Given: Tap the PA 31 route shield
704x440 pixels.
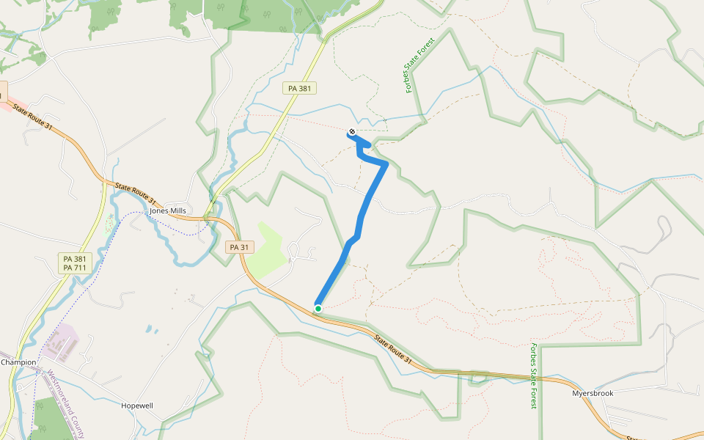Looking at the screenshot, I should [x=236, y=247].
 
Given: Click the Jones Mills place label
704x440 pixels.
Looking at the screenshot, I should [x=168, y=210].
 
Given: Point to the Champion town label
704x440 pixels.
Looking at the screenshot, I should [x=18, y=362].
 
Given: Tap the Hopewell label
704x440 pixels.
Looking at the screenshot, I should [x=137, y=405].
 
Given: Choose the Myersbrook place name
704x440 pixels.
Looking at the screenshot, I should [x=592, y=393].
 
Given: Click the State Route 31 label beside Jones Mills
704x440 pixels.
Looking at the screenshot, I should [x=136, y=194].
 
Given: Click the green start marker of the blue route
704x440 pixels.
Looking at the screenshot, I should [x=318, y=309].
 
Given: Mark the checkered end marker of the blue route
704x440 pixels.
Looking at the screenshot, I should [x=352, y=132].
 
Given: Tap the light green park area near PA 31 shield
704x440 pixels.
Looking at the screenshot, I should [x=264, y=253].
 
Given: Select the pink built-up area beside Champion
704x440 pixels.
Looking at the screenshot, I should [x=66, y=342].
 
